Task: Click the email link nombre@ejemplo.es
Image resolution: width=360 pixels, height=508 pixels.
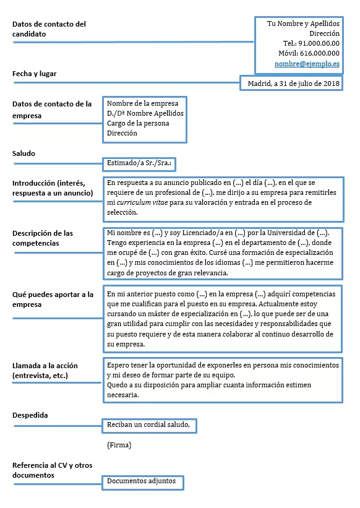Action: click(307, 64)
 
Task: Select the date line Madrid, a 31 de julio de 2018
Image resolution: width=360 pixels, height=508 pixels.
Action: click(294, 84)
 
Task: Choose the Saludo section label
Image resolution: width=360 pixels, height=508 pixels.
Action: click(24, 153)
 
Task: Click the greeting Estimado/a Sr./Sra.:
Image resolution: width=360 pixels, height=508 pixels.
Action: click(139, 163)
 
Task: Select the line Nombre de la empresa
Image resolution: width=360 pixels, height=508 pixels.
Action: click(142, 103)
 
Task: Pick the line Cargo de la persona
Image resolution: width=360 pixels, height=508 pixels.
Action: click(138, 123)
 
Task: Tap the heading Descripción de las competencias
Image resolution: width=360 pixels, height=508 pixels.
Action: click(43, 238)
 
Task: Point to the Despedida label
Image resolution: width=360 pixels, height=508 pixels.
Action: click(30, 415)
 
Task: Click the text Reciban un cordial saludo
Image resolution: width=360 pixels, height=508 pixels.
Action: click(152, 425)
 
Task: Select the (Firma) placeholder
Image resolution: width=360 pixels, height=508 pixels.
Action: click(119, 445)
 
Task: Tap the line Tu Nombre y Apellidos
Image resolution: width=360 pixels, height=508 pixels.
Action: click(303, 24)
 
